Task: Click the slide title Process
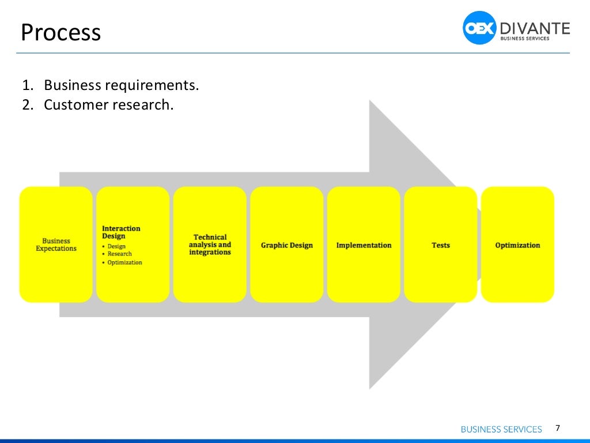(x=60, y=33)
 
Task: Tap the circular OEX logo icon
(x=479, y=28)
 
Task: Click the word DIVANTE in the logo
(x=534, y=27)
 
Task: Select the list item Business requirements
(x=121, y=85)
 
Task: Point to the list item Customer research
(x=108, y=105)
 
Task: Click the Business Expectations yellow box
(x=56, y=245)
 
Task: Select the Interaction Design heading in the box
(x=121, y=232)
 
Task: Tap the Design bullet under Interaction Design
(x=116, y=246)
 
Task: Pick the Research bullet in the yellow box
(x=119, y=254)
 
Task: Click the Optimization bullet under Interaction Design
(x=124, y=262)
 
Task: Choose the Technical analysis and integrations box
(x=210, y=245)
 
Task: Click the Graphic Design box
(x=286, y=245)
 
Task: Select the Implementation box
(x=364, y=245)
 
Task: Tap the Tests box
(x=441, y=245)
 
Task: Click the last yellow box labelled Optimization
(x=517, y=245)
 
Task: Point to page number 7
(x=557, y=428)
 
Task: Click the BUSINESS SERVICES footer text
(x=501, y=429)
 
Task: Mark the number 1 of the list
(x=26, y=85)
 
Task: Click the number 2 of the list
(x=26, y=105)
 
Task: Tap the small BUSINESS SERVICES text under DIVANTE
(x=525, y=39)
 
